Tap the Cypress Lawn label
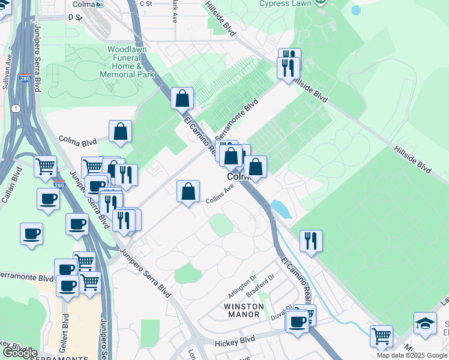point(285,4)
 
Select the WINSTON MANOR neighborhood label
point(243,306)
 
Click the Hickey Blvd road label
point(235,342)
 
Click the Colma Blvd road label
point(78,142)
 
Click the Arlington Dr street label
point(242,287)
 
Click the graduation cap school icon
point(425,322)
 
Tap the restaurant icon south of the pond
point(311,241)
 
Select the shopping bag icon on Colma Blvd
point(120,131)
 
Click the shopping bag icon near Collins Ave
point(188,192)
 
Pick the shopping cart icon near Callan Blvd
point(46,167)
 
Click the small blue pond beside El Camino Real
point(279,209)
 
